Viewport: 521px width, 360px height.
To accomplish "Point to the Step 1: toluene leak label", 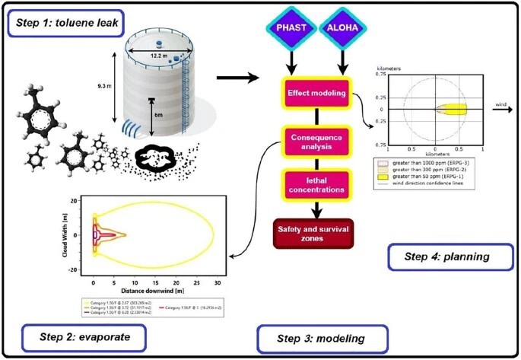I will (x=65, y=27).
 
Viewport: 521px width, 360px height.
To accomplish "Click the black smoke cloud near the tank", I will (x=157, y=159).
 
